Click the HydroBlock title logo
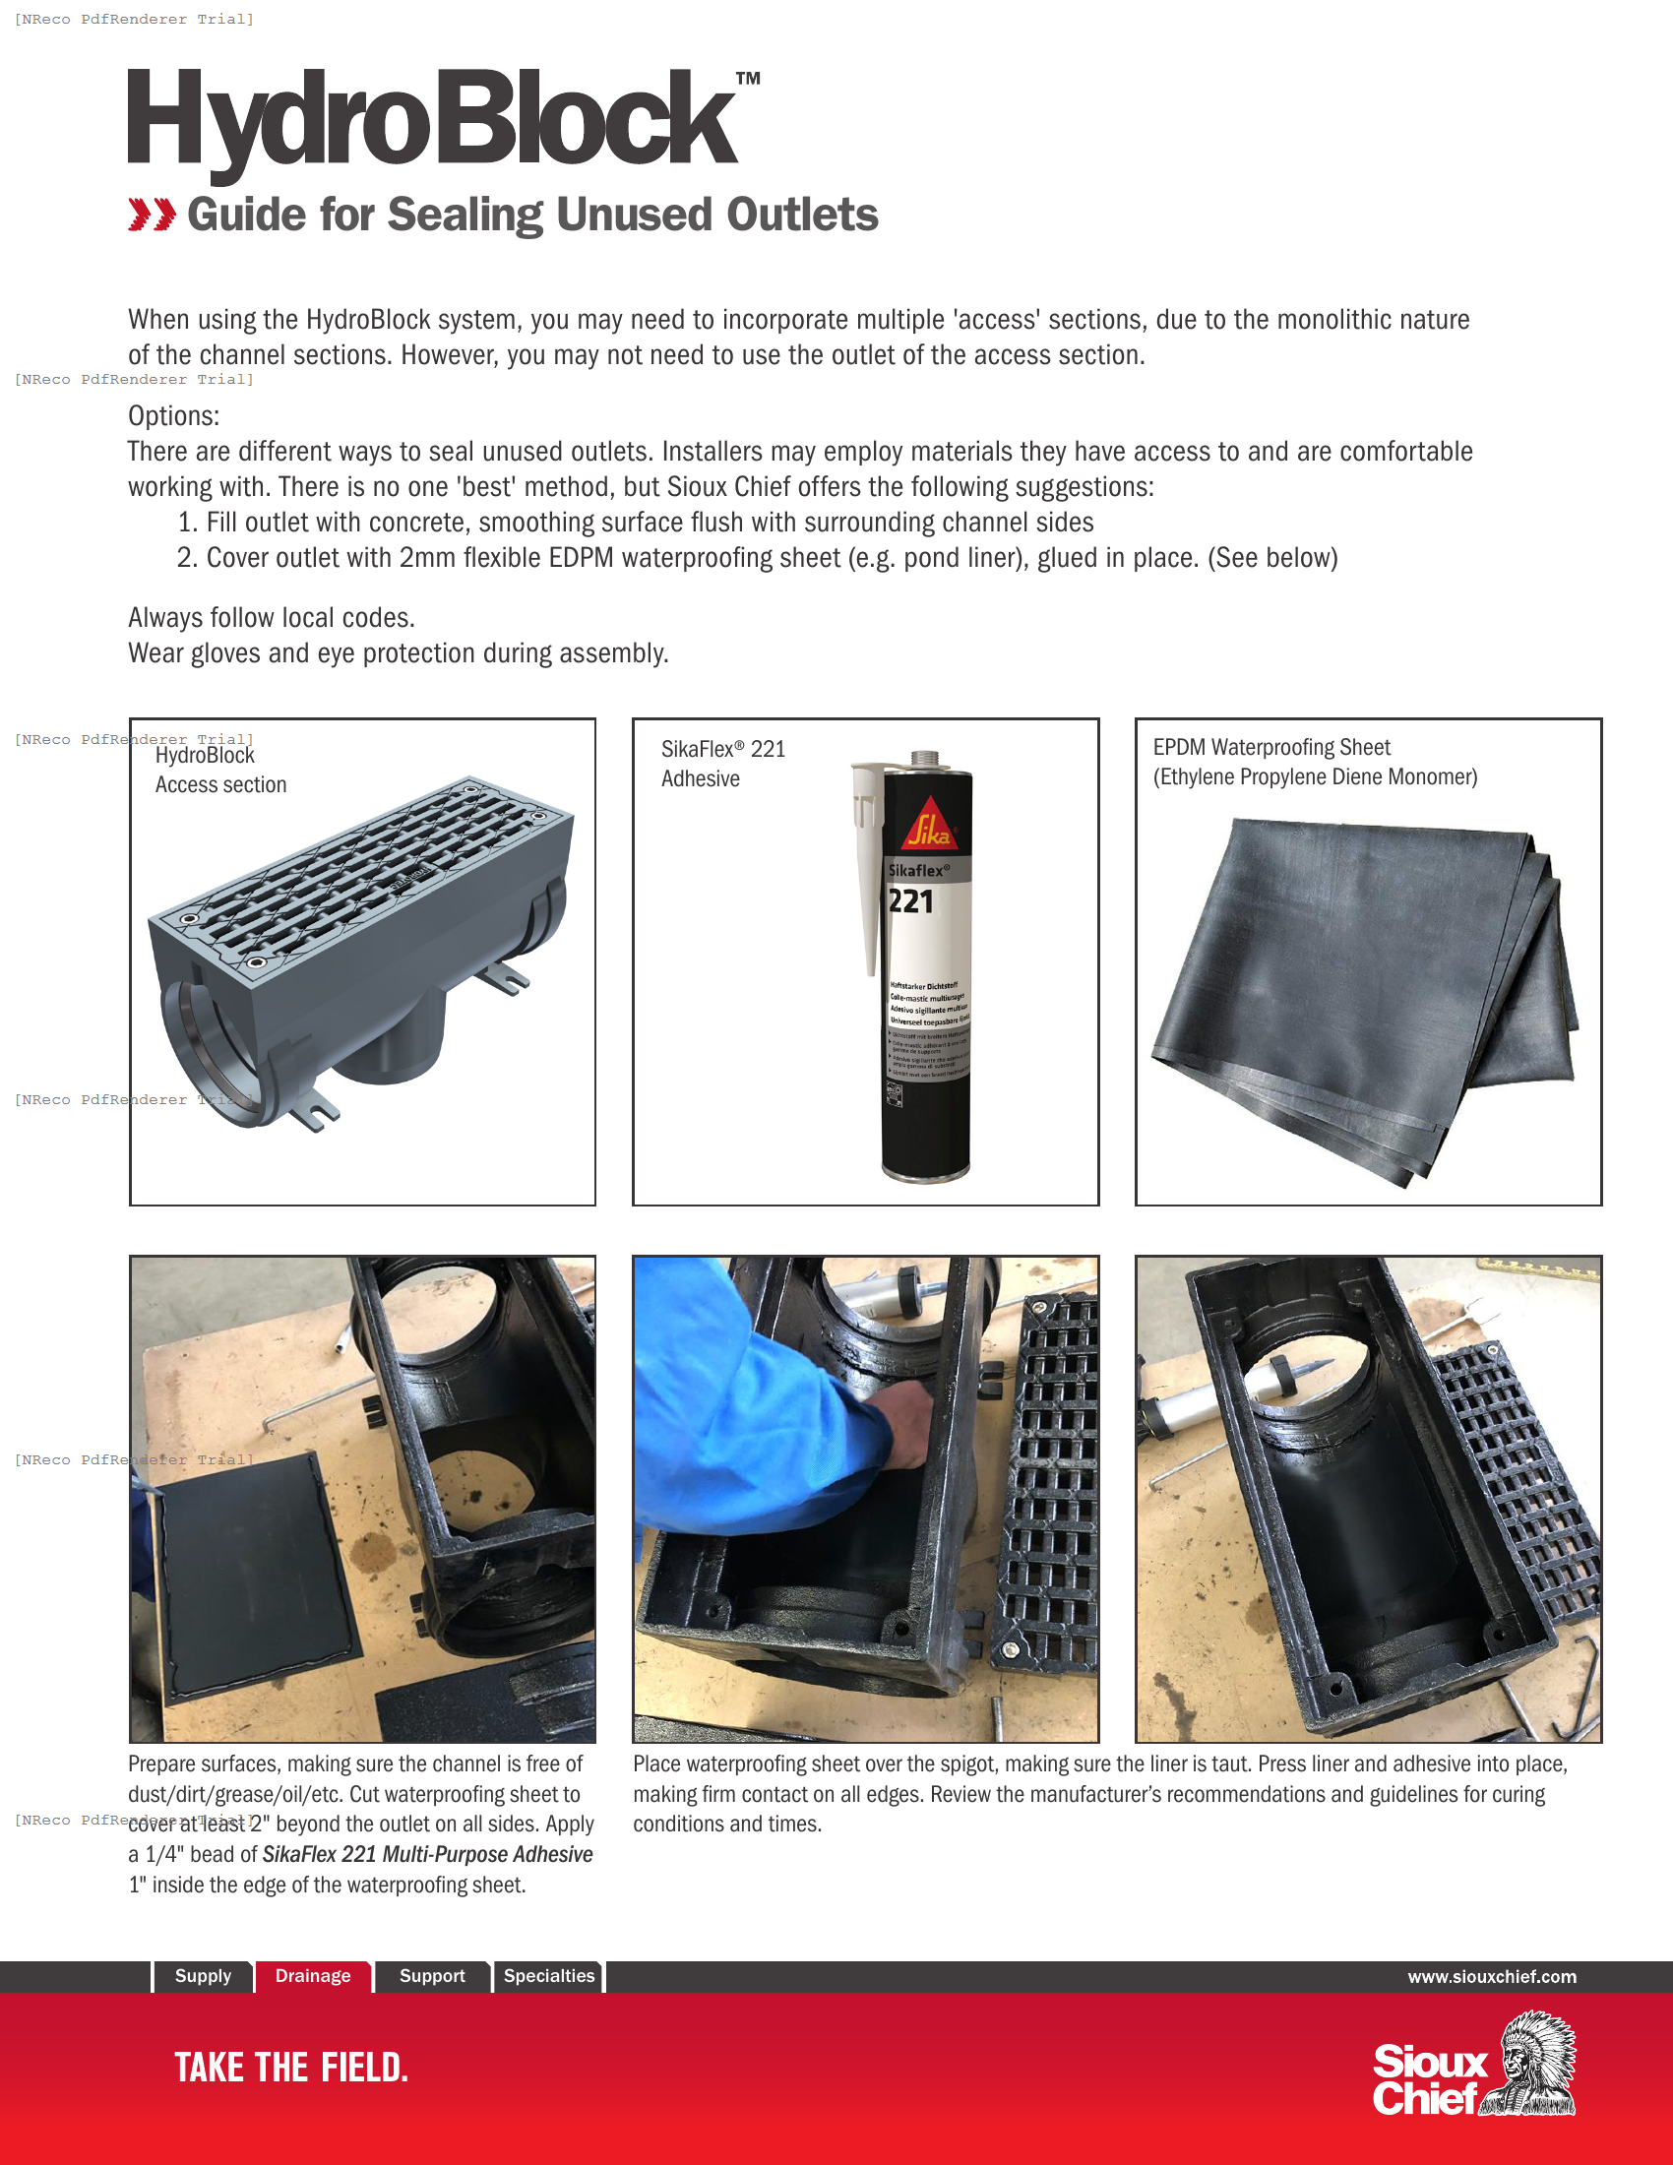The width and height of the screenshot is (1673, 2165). pyautogui.click(x=433, y=119)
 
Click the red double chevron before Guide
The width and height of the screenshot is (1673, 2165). pyautogui.click(x=152, y=215)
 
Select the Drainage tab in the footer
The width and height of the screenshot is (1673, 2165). pyautogui.click(x=312, y=1976)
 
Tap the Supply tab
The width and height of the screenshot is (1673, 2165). pyautogui.click(x=202, y=1976)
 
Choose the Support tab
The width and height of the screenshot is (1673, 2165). pyautogui.click(x=431, y=1976)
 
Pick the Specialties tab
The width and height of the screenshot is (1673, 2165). pyautogui.click(x=548, y=1976)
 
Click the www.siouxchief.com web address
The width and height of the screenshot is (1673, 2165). pyautogui.click(x=1491, y=1977)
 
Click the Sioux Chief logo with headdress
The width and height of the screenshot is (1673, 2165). pyautogui.click(x=1474, y=2064)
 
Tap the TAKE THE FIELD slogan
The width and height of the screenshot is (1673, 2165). pyautogui.click(x=290, y=2068)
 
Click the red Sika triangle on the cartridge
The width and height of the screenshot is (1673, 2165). pyautogui.click(x=930, y=823)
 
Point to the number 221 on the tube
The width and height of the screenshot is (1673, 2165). pyautogui.click(x=910, y=901)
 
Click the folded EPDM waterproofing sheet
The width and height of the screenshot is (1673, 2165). pyautogui.click(x=1363, y=991)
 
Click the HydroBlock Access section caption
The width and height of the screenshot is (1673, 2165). pyautogui.click(x=220, y=770)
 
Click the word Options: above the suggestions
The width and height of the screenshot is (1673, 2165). pyautogui.click(x=173, y=415)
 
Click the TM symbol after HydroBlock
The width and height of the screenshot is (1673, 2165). pyautogui.click(x=748, y=79)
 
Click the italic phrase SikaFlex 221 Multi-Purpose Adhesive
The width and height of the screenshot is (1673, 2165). pyautogui.click(x=427, y=1854)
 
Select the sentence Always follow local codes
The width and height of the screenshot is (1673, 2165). pyautogui.click(x=271, y=618)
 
